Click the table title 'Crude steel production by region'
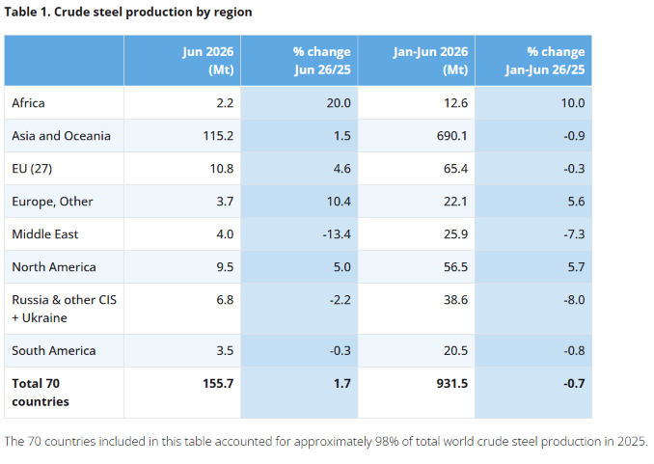[153, 13]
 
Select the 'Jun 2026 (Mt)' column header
[208, 61]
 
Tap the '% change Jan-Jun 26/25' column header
[545, 61]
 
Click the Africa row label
[28, 102]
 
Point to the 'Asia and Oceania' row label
[62, 136]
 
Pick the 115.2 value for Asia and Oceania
[218, 136]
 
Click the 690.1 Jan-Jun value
[452, 136]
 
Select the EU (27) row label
[32, 169]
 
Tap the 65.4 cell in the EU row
[455, 169]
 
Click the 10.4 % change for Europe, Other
[339, 202]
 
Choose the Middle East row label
[45, 234]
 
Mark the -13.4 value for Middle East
[337, 234]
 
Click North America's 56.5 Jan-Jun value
[455, 267]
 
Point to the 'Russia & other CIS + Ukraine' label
[65, 309]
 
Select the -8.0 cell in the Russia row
[574, 300]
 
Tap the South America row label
[54, 350]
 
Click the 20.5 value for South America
[455, 350]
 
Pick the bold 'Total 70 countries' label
[41, 393]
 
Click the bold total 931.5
[452, 384]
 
